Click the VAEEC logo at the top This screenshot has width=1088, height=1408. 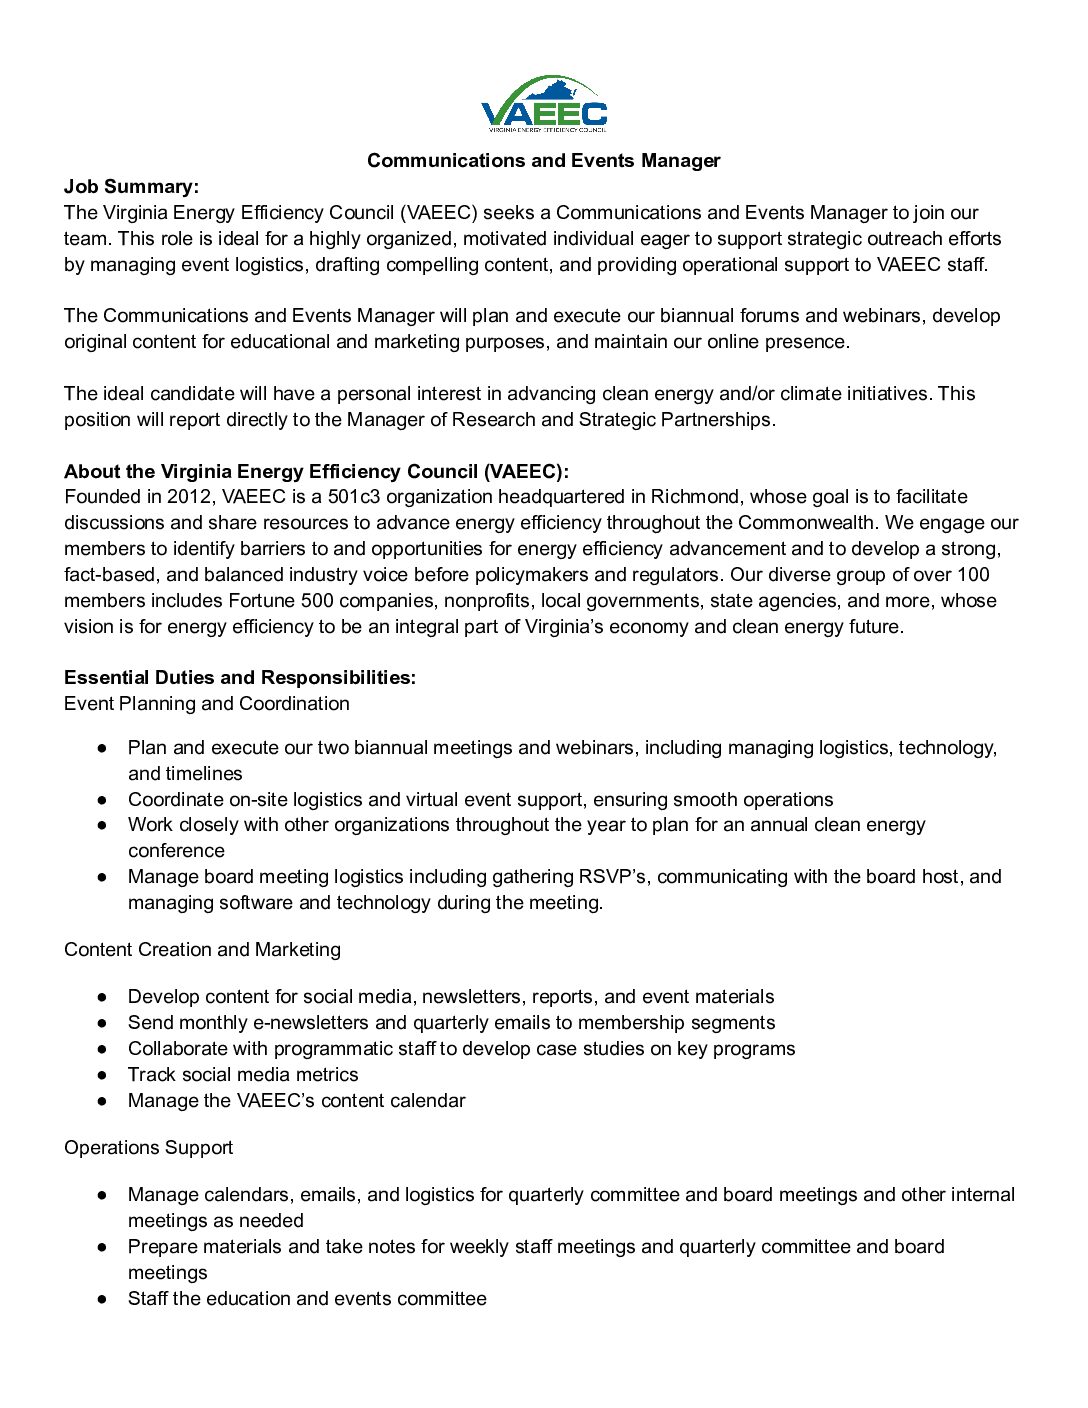(x=544, y=105)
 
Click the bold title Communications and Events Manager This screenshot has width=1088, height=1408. (x=543, y=161)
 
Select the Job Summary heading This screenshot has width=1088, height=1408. (x=131, y=187)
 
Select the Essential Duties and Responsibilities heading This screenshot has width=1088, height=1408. (x=240, y=678)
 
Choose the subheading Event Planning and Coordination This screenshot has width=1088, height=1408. (x=207, y=704)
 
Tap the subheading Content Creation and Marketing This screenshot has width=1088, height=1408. (x=202, y=950)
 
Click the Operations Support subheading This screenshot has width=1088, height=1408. (x=148, y=1148)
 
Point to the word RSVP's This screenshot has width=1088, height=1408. (x=613, y=877)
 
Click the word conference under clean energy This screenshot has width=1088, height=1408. (x=176, y=851)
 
